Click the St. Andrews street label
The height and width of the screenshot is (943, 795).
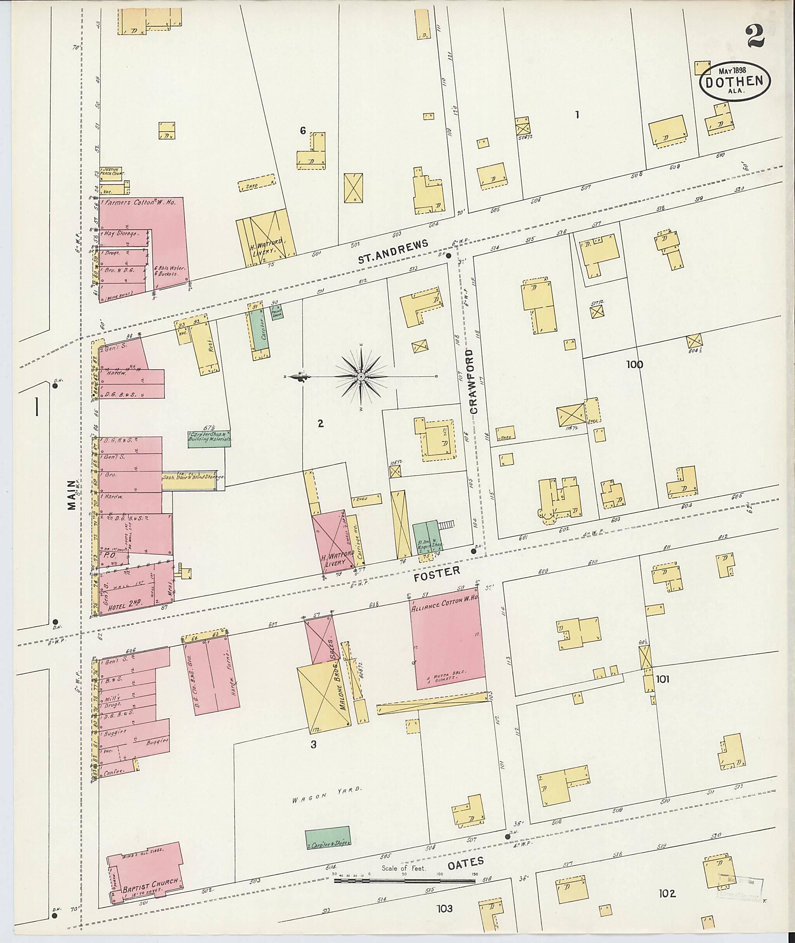[x=392, y=252]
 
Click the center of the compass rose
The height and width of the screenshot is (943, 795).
[x=361, y=377]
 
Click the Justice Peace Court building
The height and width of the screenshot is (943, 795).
[x=111, y=173]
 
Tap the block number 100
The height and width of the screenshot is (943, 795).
[x=634, y=365]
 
